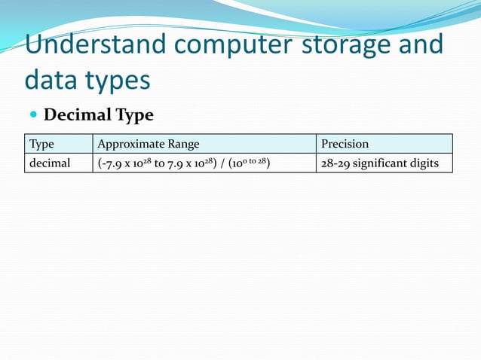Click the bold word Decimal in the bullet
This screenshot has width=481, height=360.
(x=78, y=115)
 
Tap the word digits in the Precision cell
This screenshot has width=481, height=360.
(x=423, y=163)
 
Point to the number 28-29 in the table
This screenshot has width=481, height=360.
(x=334, y=163)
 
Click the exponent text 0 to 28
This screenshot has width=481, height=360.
(x=253, y=159)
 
